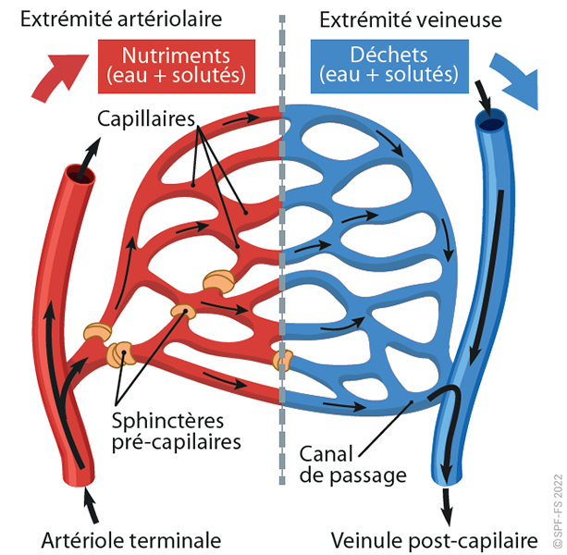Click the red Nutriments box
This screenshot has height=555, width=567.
pyautogui.click(x=177, y=66)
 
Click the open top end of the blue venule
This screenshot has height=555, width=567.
pyautogui.click(x=490, y=121)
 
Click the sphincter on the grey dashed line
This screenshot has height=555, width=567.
pyautogui.click(x=283, y=359)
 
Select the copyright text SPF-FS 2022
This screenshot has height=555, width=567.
pyautogui.click(x=555, y=491)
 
